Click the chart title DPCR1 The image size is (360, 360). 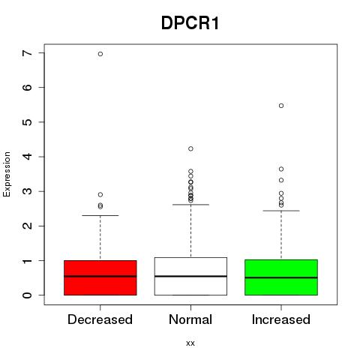click(190, 23)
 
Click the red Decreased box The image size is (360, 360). click(100, 277)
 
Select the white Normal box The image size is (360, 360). click(190, 276)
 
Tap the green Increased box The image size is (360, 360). click(281, 277)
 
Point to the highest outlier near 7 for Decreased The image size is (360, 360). click(100, 54)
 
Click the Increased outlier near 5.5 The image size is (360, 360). click(281, 106)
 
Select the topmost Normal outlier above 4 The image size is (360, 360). click(190, 148)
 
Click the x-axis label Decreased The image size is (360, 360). click(100, 319)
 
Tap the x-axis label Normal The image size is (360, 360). click(190, 319)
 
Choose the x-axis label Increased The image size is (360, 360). click(281, 319)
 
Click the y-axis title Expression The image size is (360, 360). click(7, 174)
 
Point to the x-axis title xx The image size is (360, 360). click(190, 343)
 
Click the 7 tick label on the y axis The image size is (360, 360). click(28, 52)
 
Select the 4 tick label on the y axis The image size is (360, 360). click(28, 157)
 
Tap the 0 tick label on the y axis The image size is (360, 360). click(28, 295)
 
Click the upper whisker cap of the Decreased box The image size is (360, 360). click(100, 215)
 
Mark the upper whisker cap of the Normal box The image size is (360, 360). click(190, 205)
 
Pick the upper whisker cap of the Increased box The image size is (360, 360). click(281, 211)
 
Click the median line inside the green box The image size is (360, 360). click(281, 277)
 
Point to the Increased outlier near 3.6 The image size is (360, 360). click(281, 169)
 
